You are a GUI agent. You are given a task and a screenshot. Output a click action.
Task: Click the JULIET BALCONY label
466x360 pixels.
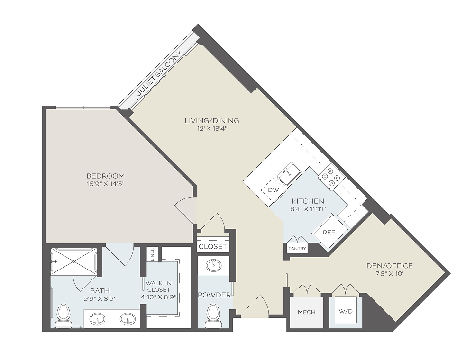tap(159, 73)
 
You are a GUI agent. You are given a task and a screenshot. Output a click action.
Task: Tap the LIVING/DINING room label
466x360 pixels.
tap(212, 121)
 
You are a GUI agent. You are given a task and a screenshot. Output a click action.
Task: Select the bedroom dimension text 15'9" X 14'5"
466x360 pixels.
tap(106, 184)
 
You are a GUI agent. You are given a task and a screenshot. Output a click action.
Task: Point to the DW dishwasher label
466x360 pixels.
tap(274, 190)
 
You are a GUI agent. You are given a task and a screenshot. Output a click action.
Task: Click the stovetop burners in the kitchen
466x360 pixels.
tap(331, 177)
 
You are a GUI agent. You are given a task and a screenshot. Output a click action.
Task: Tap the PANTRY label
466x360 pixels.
tap(297, 249)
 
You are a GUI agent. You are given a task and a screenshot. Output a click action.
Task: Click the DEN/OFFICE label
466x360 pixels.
tap(390, 266)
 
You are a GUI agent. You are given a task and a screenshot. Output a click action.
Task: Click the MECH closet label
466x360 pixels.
tap(306, 312)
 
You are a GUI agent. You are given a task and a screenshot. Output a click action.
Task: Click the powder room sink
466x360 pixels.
tap(213, 265)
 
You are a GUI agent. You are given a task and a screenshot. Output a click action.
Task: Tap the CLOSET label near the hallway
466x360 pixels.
tap(213, 246)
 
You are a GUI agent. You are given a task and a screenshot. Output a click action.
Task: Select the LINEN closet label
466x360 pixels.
tap(152, 254)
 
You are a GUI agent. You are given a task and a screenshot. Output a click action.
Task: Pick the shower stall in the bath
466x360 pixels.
tap(73, 261)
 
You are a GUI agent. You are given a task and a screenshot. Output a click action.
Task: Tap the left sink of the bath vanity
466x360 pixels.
tap(97, 319)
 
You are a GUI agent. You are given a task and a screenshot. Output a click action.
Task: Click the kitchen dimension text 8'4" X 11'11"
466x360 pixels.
tap(308, 209)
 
